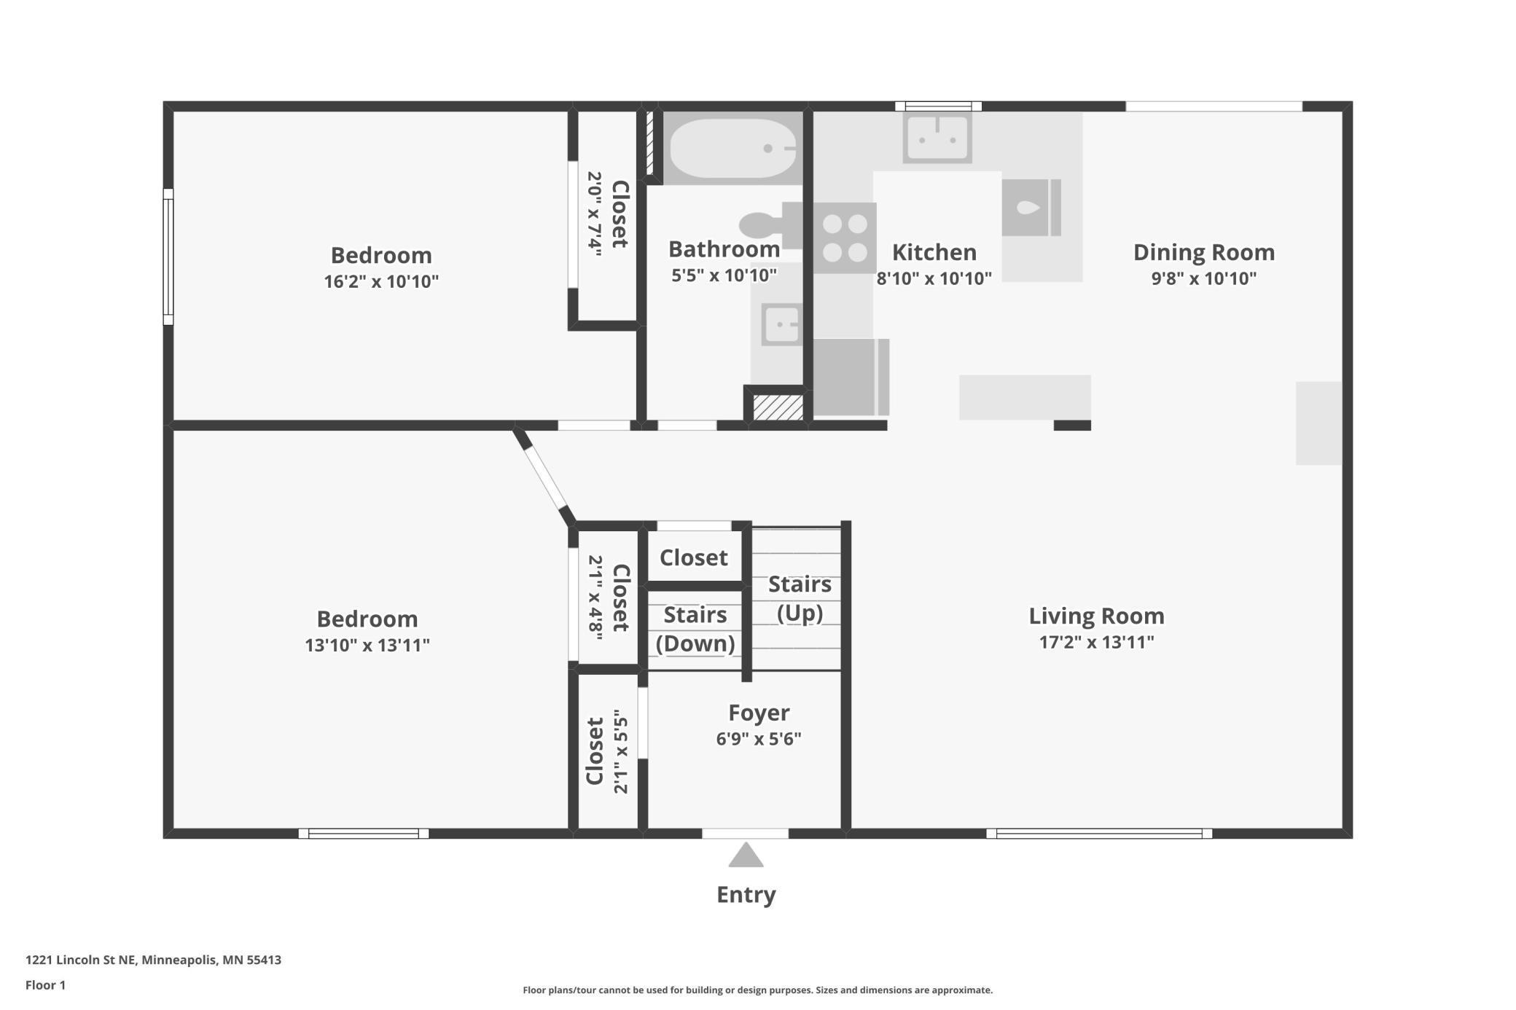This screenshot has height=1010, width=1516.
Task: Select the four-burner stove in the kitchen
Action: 845,238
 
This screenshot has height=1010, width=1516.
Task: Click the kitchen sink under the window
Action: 937,138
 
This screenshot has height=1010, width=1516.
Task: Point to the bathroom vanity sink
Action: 781,324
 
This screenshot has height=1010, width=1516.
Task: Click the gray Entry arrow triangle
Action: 746,855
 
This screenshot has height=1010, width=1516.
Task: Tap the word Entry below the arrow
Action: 746,894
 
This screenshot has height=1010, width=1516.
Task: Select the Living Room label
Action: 1096,616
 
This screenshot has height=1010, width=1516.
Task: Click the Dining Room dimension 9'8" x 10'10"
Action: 1204,278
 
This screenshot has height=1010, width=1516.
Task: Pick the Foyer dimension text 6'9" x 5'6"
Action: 759,739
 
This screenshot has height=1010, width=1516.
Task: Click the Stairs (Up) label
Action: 800,598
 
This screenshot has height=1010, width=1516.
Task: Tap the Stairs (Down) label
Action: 695,629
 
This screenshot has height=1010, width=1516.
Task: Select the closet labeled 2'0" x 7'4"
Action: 606,216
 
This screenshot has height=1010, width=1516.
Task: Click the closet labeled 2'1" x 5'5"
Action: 606,751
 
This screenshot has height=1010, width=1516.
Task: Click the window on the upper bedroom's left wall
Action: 168,257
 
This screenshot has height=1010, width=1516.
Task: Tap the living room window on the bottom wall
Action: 1099,834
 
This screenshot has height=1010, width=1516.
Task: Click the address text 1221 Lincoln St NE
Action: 80,960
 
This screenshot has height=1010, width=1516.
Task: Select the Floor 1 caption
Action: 45,985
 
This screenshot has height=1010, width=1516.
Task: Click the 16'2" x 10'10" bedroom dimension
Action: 381,281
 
